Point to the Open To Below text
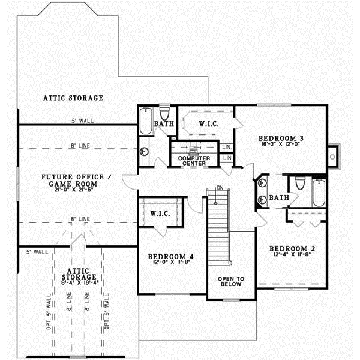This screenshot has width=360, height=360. click(230, 281)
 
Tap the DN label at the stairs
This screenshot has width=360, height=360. click(220, 188)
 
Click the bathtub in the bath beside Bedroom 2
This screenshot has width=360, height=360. click(318, 193)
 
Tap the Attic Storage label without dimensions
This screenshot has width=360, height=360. click(73, 98)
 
